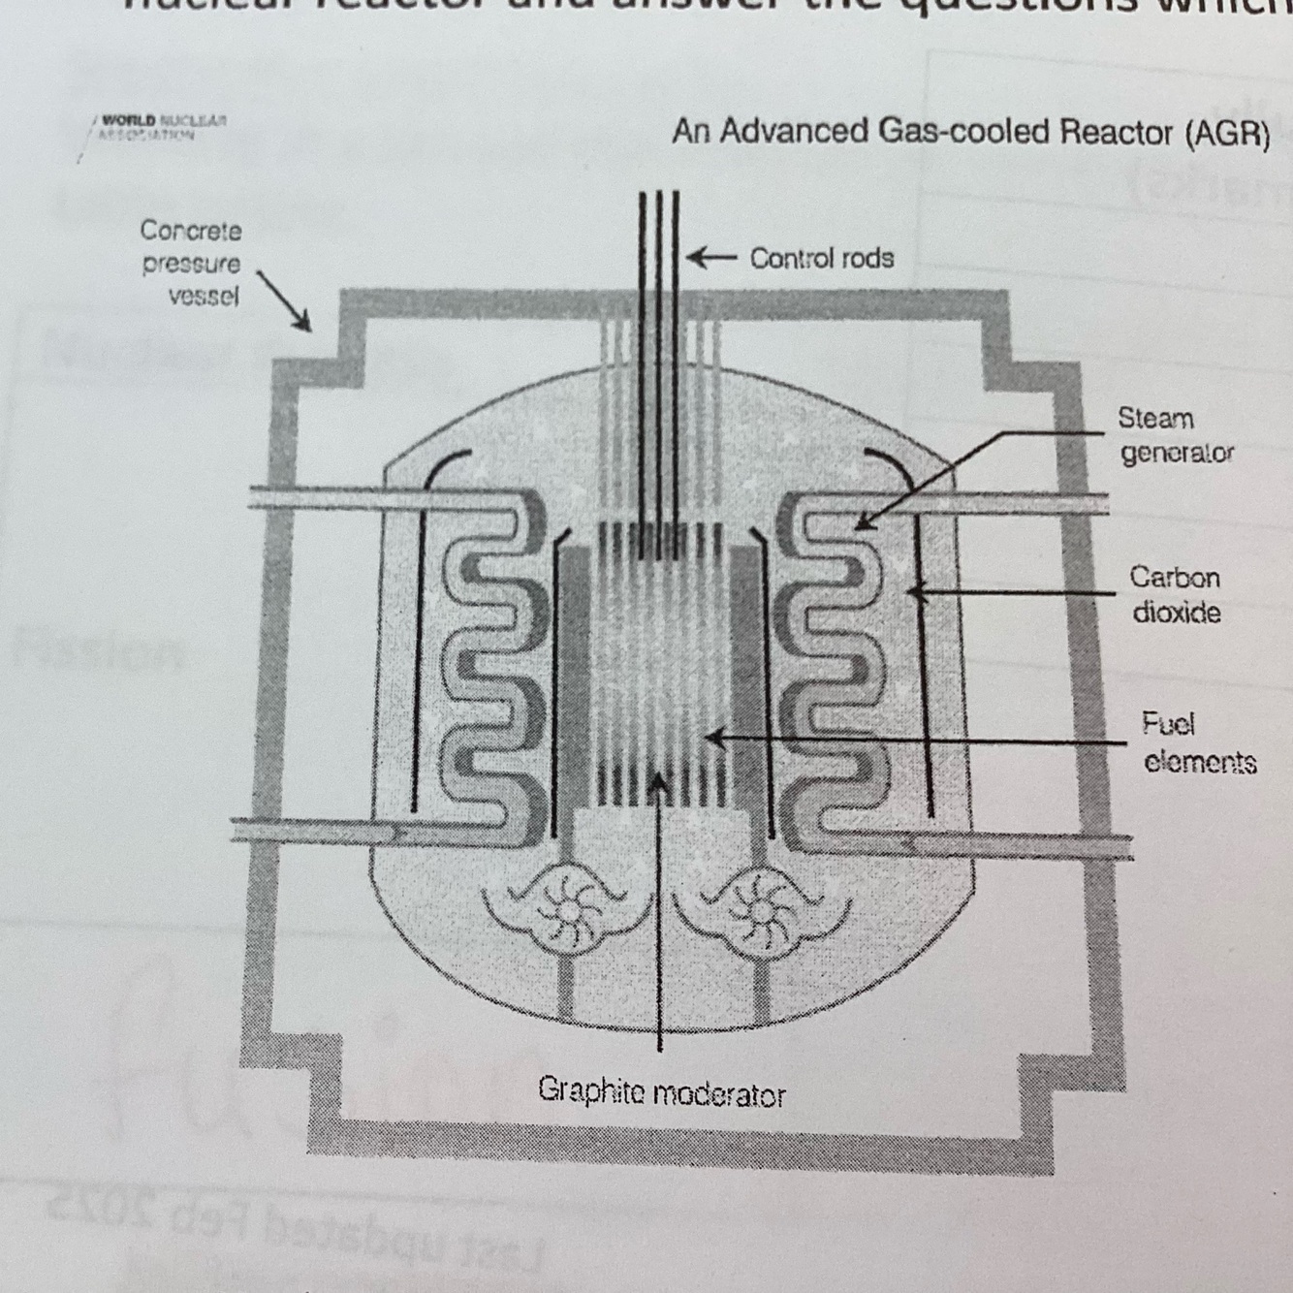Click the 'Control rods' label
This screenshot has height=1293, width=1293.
[821, 259]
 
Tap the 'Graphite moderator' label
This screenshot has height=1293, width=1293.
[661, 1093]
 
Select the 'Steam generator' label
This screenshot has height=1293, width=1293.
[1176, 435]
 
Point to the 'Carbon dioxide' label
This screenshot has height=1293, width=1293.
[1176, 595]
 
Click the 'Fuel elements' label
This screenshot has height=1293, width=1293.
[1199, 743]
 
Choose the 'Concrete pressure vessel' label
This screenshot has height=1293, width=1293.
[191, 263]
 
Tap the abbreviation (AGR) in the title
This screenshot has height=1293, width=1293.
[1226, 133]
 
